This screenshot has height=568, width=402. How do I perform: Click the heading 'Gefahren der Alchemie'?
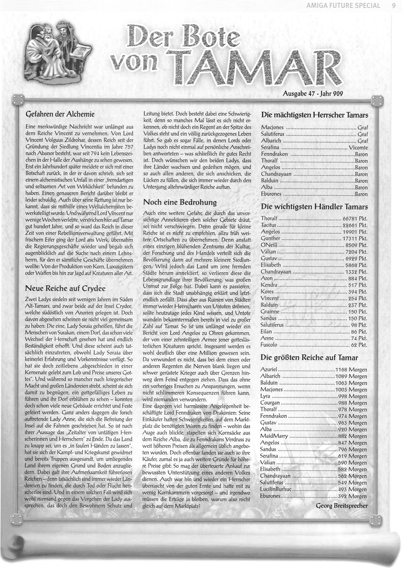(x=60, y=114)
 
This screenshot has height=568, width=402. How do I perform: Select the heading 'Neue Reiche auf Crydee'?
(x=65, y=288)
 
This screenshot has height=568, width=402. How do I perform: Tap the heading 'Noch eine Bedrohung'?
(x=180, y=202)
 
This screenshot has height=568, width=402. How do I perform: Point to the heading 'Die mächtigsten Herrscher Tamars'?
(x=315, y=115)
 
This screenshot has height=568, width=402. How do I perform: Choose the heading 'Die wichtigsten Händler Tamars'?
(x=314, y=207)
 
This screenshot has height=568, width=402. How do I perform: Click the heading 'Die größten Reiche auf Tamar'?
(x=309, y=357)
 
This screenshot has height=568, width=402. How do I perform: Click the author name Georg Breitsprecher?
(x=341, y=506)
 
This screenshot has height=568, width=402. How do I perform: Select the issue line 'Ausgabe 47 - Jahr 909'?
(x=313, y=94)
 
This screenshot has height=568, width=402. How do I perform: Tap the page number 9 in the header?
(x=393, y=5)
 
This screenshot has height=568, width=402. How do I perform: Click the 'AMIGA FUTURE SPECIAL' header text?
(x=343, y=5)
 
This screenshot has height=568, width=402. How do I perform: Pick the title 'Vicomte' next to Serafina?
(x=358, y=148)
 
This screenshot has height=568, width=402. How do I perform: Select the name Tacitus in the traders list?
(x=268, y=225)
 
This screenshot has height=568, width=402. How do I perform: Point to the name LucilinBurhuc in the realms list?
(x=276, y=490)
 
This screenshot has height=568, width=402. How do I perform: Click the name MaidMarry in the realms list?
(x=274, y=436)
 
